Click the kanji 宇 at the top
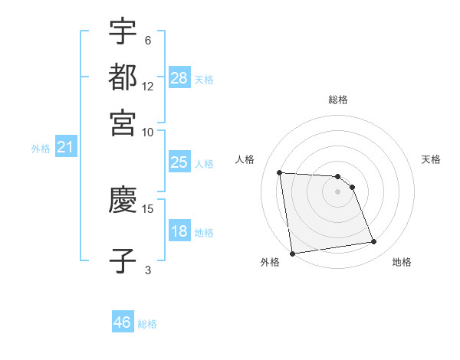pos(123,32)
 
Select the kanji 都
pos(123,77)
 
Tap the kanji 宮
pos(123,123)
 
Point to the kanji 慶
pos(123,200)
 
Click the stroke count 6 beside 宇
pos(148,41)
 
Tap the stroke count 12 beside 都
pos(148,87)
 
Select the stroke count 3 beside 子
pos(148,269)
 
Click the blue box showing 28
pos(179,77)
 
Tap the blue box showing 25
pos(179,162)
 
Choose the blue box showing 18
pos(179,231)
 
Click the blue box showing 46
pos(123,322)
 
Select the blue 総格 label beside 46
pos(148,324)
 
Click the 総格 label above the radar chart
pos(338,100)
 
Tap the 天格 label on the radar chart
pos(432,159)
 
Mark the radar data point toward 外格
pos(292,253)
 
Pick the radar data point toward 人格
pos(280,172)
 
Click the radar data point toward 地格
pos(373,242)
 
